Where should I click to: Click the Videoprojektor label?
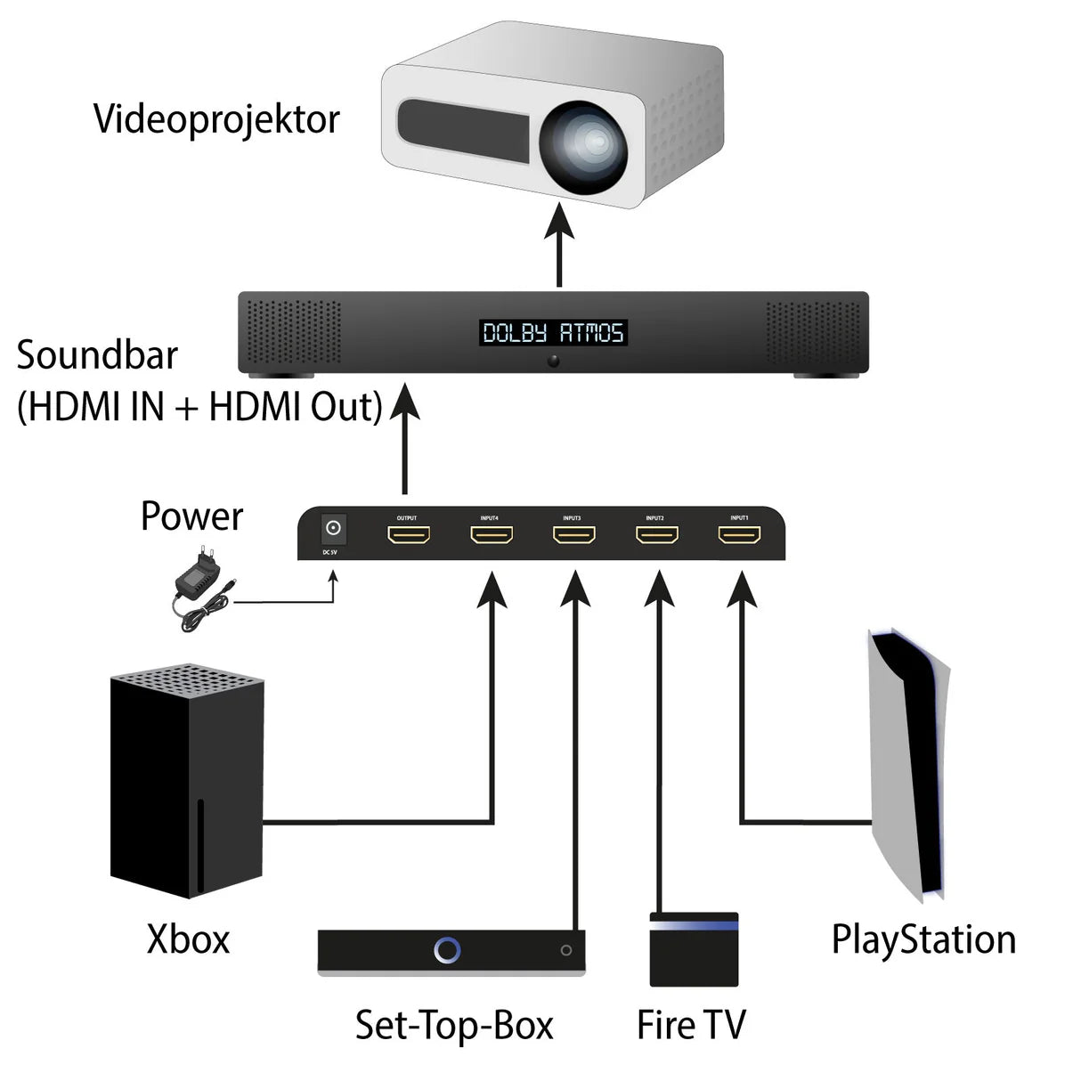pyautogui.click(x=216, y=119)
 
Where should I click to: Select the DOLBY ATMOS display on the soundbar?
pyautogui.click(x=553, y=333)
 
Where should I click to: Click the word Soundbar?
pyautogui.click(x=97, y=355)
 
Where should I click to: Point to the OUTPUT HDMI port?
pyautogui.click(x=408, y=535)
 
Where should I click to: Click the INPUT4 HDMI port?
pyautogui.click(x=491, y=535)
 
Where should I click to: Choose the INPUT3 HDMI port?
pyautogui.click(x=573, y=535)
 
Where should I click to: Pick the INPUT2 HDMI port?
pyautogui.click(x=656, y=535)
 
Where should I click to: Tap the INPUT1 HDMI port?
pyautogui.click(x=739, y=535)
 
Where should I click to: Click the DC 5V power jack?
pyautogui.click(x=333, y=530)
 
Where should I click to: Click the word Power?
pyautogui.click(x=191, y=516)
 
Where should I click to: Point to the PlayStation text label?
pyautogui.click(x=923, y=940)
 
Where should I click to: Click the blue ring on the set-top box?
pyautogui.click(x=447, y=950)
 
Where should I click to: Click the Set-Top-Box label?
pyautogui.click(x=454, y=1026)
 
